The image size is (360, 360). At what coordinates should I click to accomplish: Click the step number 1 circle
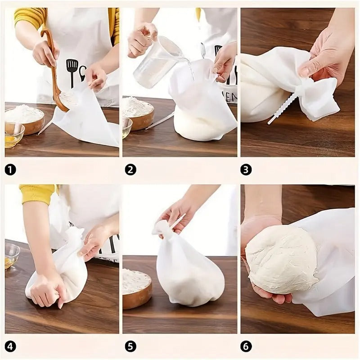click(10, 170)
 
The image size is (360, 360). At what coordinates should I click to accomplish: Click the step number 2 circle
click(130, 170)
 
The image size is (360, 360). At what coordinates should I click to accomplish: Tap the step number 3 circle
click(246, 170)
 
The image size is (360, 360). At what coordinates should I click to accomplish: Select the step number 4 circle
click(10, 346)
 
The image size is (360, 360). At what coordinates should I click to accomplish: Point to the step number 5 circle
click(130, 346)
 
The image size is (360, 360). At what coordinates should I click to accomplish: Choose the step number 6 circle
click(246, 346)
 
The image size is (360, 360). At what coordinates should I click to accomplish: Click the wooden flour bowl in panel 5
click(137, 288)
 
